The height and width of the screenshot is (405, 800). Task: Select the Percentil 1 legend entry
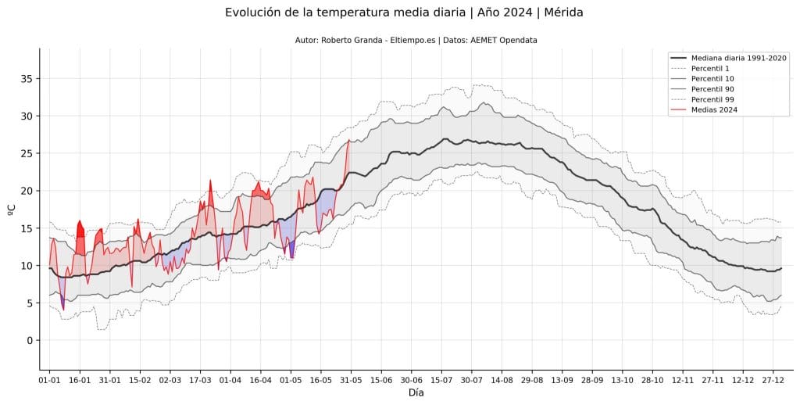tap(712, 68)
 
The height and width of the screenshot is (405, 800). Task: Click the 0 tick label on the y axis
tap(29, 340)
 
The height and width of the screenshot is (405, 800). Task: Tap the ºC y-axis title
tap(11, 210)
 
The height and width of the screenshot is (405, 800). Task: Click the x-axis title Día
tap(416, 392)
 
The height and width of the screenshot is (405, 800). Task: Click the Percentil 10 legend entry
tap(713, 79)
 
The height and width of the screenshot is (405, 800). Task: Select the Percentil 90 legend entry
tap(713, 89)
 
